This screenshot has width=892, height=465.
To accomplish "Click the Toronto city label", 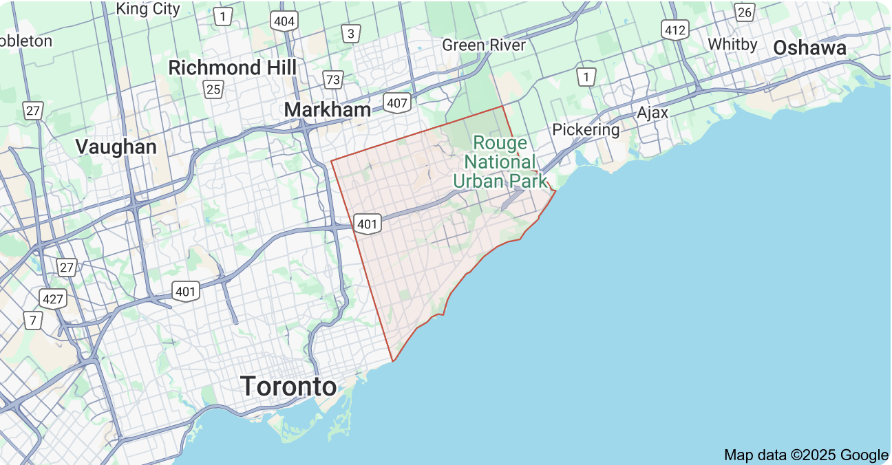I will (288, 387).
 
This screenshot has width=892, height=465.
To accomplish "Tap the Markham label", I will (327, 110).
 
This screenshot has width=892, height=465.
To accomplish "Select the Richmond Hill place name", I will (233, 67).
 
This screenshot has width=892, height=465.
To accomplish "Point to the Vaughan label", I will (116, 147).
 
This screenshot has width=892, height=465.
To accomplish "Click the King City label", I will (148, 9).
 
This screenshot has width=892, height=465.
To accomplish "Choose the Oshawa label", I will (809, 47).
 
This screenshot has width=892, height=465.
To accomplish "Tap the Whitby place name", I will (732, 44).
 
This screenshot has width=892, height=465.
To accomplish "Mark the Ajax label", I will (652, 113).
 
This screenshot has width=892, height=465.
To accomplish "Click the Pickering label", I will (586, 129).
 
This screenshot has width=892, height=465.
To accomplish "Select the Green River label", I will (484, 45).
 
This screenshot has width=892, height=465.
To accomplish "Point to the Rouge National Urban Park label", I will (500, 162).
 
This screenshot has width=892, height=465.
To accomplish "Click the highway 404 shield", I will (284, 21).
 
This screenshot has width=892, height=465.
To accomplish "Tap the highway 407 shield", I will (398, 104).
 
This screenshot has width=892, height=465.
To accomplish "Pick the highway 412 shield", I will (675, 30).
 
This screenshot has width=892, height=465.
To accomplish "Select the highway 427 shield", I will (52, 299).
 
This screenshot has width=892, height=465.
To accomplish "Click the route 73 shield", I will (333, 80).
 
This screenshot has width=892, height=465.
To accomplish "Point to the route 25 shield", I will (213, 89).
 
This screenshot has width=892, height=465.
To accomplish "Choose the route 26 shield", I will (744, 12).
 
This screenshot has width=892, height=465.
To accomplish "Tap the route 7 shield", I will (32, 320).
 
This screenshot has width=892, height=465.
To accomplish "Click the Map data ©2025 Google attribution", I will (806, 455).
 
